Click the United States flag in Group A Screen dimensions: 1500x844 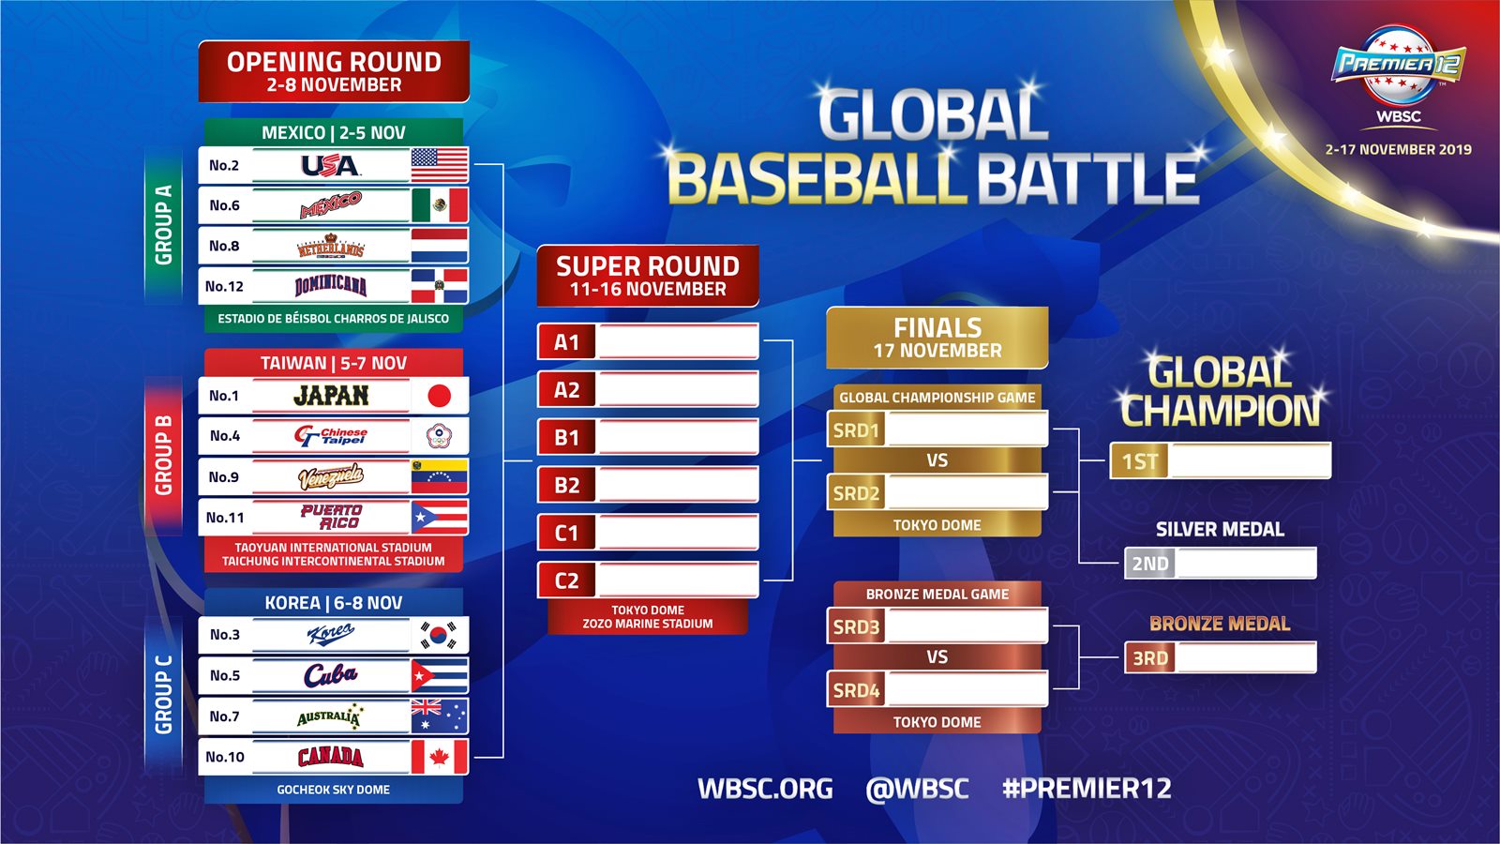pos(440,165)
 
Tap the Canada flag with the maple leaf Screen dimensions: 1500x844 pos(440,757)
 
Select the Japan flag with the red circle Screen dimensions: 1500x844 pos(440,395)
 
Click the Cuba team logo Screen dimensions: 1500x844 pos(330,675)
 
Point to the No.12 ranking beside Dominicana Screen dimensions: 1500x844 pos(224,287)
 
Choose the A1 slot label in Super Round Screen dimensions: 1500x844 pos(566,342)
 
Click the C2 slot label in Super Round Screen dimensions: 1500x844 pos(566,580)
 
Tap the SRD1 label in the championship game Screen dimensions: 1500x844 pos(856,430)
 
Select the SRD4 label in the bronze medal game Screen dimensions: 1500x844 pos(856,690)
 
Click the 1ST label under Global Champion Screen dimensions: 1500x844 pos(1140,461)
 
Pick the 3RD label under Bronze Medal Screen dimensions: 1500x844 pos(1150,657)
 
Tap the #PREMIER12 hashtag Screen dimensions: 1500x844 pos(1087,789)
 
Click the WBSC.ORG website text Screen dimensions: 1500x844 pos(765,789)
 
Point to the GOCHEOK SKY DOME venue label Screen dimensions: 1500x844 pos(334,790)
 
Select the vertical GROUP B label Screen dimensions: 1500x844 pos(163,456)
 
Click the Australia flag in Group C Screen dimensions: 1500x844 pos(440,716)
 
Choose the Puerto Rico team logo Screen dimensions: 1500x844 pos(332,517)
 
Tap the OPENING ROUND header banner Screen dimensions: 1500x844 pos(334,71)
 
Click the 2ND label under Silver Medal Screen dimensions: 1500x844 pos(1150,564)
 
